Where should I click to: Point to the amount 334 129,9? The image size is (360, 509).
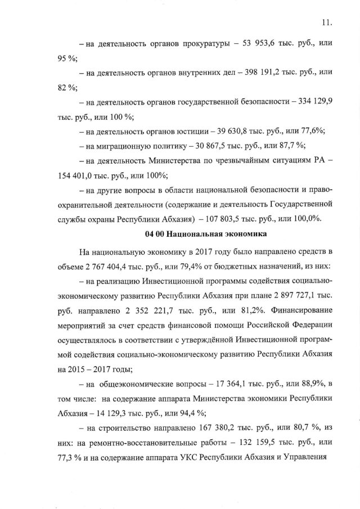click(x=308, y=102)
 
